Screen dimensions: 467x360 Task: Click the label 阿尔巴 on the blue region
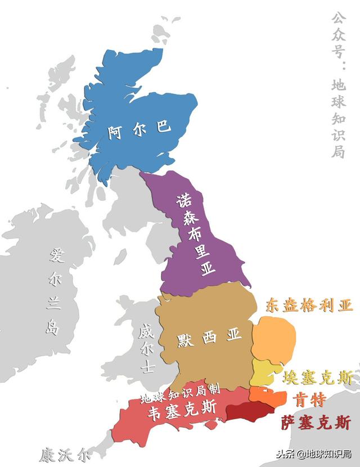[139, 131]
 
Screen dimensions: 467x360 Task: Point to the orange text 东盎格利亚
[309, 306]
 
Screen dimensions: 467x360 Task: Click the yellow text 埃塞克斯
[319, 378]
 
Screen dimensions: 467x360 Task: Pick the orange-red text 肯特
[309, 400]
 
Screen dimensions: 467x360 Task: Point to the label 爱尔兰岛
[55, 291]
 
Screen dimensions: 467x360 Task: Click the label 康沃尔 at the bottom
[65, 454]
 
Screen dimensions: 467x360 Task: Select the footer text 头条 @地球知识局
[309, 454]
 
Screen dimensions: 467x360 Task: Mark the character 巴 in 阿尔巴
[163, 128]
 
